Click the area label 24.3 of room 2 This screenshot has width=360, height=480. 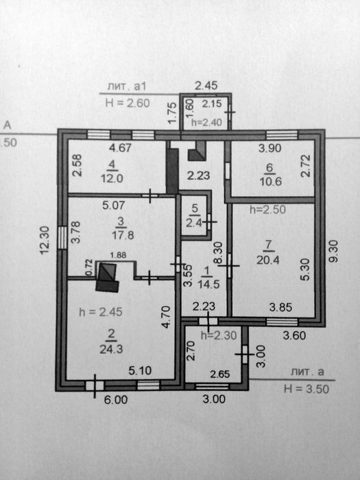[111, 349]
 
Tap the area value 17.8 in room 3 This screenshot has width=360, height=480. [123, 235]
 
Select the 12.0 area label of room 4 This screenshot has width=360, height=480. [112, 178]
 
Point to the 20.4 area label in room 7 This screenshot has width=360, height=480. [268, 260]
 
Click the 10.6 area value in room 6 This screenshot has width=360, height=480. [271, 182]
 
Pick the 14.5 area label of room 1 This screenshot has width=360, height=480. [208, 285]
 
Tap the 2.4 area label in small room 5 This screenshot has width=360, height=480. [194, 223]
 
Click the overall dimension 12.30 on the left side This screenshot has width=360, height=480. [45, 240]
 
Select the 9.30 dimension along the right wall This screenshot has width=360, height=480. [334, 251]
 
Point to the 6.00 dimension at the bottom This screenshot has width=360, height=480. [116, 400]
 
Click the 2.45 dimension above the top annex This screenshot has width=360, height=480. [206, 86]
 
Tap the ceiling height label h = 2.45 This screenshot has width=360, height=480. [101, 312]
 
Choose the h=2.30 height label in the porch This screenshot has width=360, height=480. [219, 335]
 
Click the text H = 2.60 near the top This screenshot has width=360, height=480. [128, 103]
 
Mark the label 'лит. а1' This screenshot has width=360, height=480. [127, 86]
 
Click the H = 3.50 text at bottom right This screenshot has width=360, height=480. [307, 389]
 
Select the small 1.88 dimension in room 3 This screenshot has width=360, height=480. [118, 255]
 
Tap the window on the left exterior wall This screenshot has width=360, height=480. [62, 237]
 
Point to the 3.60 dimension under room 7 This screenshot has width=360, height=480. [294, 335]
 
